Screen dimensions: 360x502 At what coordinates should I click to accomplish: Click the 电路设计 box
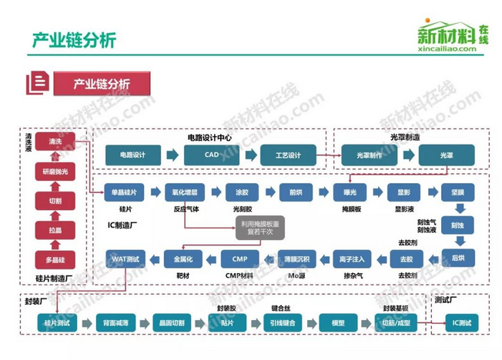coord(132,155)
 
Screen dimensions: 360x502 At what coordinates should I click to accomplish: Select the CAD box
coord(211,155)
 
